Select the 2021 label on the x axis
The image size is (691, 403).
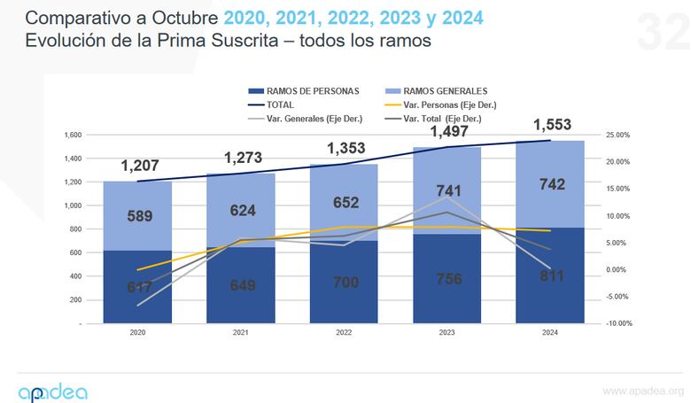click(x=239, y=333)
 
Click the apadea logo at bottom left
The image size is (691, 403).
click(x=52, y=391)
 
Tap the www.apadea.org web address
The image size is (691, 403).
click(x=642, y=391)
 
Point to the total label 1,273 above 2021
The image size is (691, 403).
click(x=245, y=159)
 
